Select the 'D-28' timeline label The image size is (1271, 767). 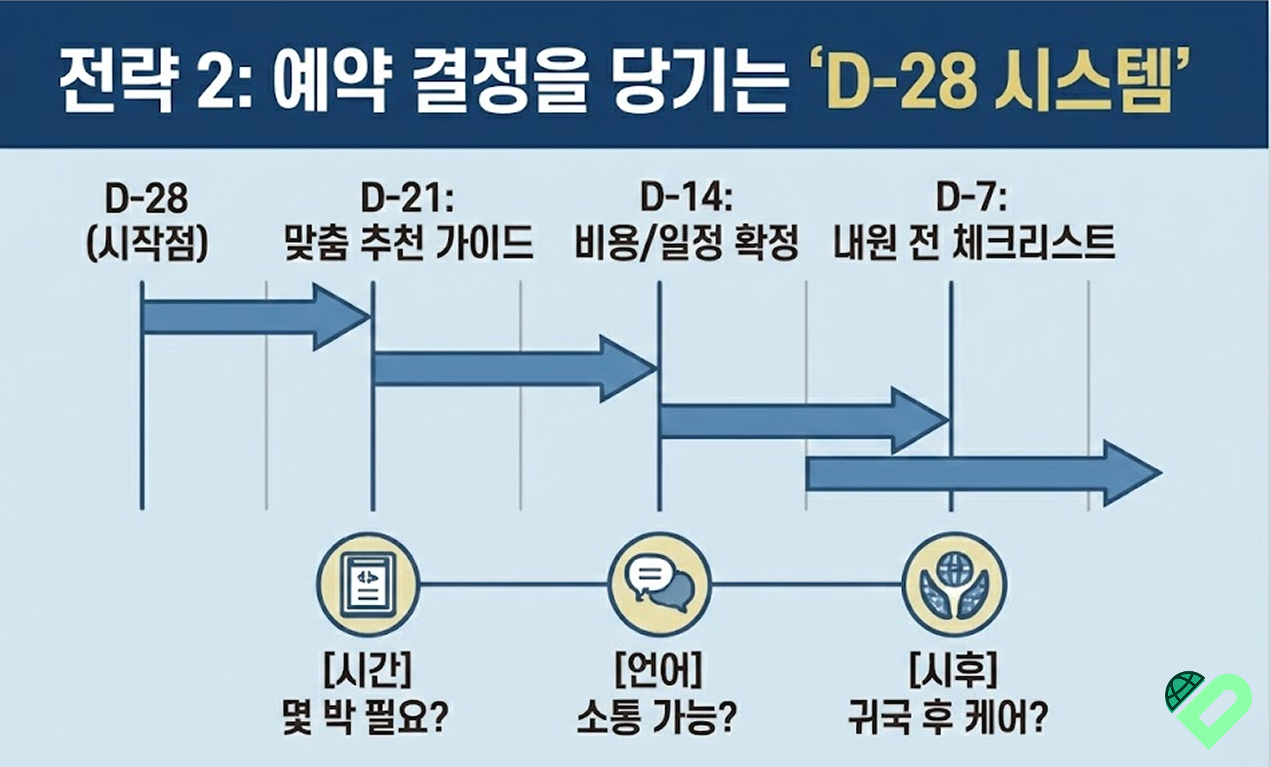[146, 198]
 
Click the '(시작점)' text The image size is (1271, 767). [146, 243]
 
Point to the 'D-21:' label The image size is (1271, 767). [407, 198]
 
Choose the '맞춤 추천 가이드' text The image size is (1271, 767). [409, 243]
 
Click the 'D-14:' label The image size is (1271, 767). [686, 198]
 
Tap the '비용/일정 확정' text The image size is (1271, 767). [686, 243]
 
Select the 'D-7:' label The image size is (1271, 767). [971, 198]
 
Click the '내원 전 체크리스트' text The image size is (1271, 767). [974, 243]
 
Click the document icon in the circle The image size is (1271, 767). [368, 584]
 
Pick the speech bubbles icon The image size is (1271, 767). [658, 584]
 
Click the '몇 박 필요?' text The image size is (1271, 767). [366, 717]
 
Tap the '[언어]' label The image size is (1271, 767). [658, 670]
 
